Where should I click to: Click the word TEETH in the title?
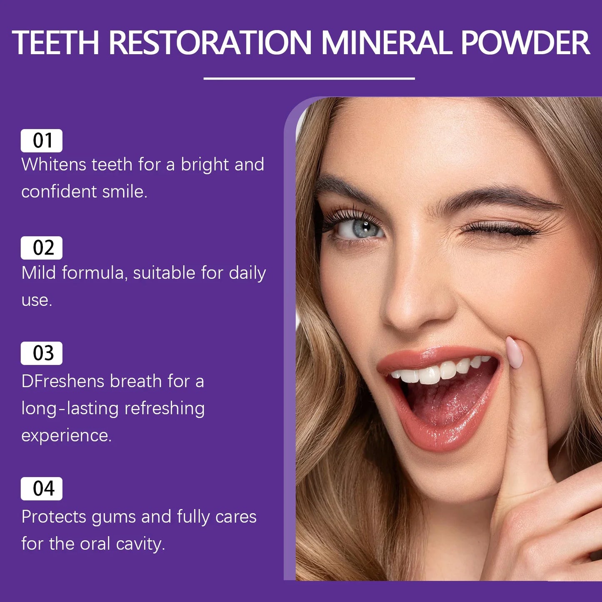[x=56, y=43]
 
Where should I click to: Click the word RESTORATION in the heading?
[x=210, y=43]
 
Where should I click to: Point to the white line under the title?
[x=309, y=78]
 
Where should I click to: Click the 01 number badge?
[x=42, y=141]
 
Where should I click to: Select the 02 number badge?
[x=42, y=248]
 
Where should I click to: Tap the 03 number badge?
[x=42, y=353]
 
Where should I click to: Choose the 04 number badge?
[x=42, y=489]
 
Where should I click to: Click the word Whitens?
[x=54, y=165]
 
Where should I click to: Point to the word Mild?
[x=38, y=273]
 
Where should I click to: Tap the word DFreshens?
[x=62, y=382]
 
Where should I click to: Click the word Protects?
[x=53, y=517]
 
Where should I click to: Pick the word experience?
[x=66, y=436]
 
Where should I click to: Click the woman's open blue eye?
[x=361, y=228]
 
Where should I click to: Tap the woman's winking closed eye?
[x=500, y=228]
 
